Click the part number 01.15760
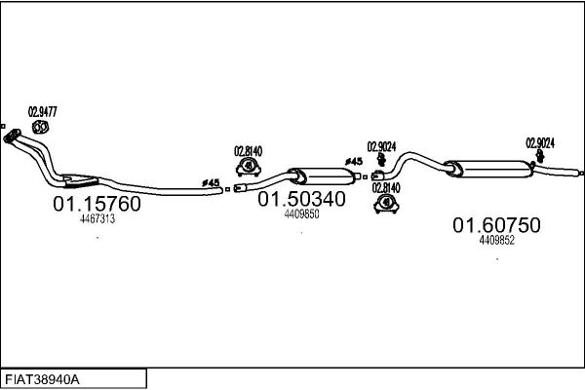point(97,204)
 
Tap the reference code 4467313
point(97,219)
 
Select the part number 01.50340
point(301,199)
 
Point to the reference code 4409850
point(301,214)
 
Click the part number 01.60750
point(496,225)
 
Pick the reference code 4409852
point(497,241)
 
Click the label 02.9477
point(43,112)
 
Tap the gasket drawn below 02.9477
point(40,128)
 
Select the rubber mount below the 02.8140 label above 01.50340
point(248,167)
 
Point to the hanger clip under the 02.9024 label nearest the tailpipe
point(540,156)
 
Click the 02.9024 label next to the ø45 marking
point(381,146)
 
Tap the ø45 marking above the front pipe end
point(211,183)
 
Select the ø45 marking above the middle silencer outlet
point(353,162)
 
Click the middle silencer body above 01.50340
point(322,176)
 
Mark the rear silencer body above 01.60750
point(489,169)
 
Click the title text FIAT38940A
point(42,380)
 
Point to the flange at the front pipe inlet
point(11,136)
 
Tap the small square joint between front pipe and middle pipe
point(227,189)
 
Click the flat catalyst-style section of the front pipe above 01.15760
point(80,180)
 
